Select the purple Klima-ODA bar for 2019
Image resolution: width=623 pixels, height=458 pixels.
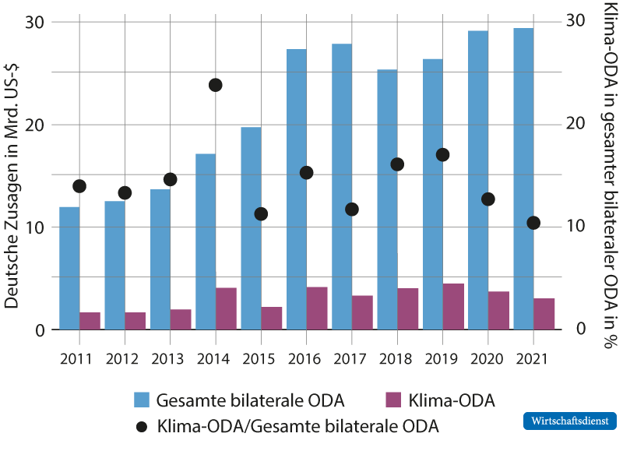pos(453,307)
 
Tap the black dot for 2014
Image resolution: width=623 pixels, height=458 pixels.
pos(216,85)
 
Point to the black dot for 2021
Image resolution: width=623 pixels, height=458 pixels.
pos(533,223)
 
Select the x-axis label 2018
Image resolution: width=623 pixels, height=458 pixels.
pos(396,359)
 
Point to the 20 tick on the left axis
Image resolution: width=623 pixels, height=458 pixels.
pos(36,125)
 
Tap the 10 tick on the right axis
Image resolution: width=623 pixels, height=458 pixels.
pos(576,226)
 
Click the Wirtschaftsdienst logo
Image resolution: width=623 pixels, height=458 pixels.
pos(569,421)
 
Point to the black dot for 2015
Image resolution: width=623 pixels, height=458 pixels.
pos(261,213)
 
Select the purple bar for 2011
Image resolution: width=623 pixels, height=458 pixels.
pos(90,321)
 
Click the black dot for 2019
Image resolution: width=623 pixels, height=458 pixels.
pos(442,155)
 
